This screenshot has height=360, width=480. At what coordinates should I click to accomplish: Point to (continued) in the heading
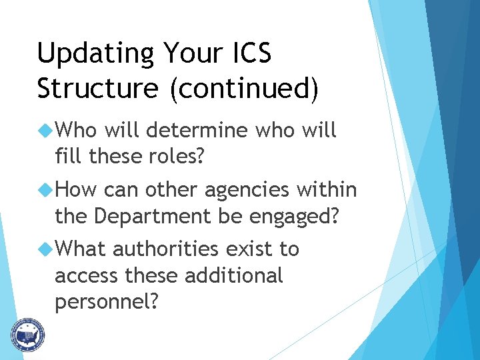click(x=244, y=89)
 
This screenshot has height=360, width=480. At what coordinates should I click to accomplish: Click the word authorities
click(x=165, y=249)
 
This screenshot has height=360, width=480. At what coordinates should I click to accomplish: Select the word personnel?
click(x=107, y=302)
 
